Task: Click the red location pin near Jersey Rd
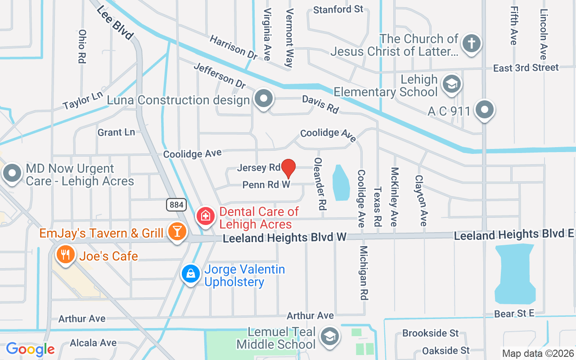[288, 169]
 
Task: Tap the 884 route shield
[176, 205]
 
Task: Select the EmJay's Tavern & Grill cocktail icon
[177, 231]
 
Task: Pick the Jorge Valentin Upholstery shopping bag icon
[191, 273]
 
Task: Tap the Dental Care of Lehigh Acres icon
[206, 216]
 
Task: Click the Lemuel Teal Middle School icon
[330, 336]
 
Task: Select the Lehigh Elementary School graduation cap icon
[451, 84]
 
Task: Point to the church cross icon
[471, 44]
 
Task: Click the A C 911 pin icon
[485, 109]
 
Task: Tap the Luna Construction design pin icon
[264, 99]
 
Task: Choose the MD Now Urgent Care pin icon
[12, 173]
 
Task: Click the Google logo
[30, 349]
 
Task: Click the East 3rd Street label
[526, 68]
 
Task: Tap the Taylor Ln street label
[83, 100]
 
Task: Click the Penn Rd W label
[266, 184]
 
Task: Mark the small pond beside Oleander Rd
[341, 183]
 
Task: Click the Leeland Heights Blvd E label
[514, 234]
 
